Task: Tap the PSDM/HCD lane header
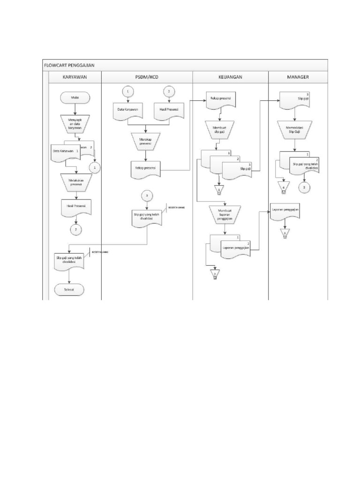click(x=146, y=77)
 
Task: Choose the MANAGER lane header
click(x=298, y=77)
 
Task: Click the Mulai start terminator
click(x=75, y=97)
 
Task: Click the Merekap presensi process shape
click(x=146, y=141)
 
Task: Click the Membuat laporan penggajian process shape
click(x=226, y=214)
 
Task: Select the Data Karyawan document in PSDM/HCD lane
click(x=127, y=111)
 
